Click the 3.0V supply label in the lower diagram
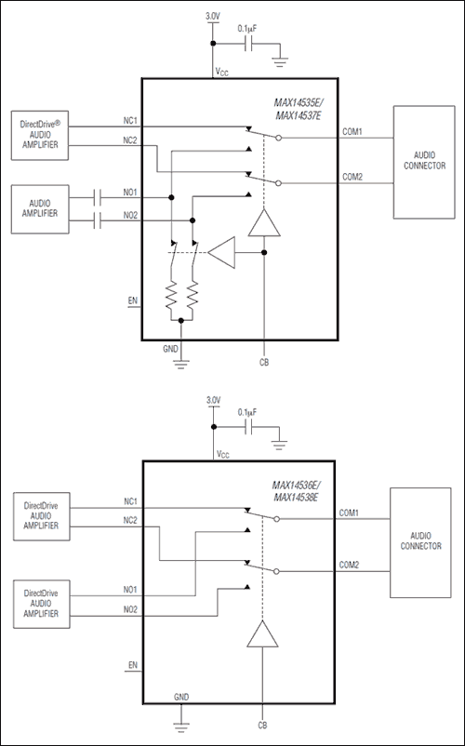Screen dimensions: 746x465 coord(213,400)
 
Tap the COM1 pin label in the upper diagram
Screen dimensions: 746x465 coord(352,131)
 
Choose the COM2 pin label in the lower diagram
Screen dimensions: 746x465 coord(350,565)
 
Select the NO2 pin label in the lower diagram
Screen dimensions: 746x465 coord(129,609)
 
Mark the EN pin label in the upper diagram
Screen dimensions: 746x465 coord(131,300)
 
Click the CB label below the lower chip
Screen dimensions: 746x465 coord(264,724)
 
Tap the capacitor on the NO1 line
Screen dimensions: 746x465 coord(99,197)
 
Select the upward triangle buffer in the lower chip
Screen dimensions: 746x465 coord(264,635)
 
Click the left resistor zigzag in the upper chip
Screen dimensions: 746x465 coord(172,296)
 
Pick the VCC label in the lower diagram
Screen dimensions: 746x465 coord(221,455)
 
